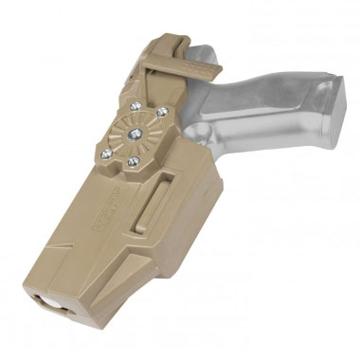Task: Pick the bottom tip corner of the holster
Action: tap(95, 327)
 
